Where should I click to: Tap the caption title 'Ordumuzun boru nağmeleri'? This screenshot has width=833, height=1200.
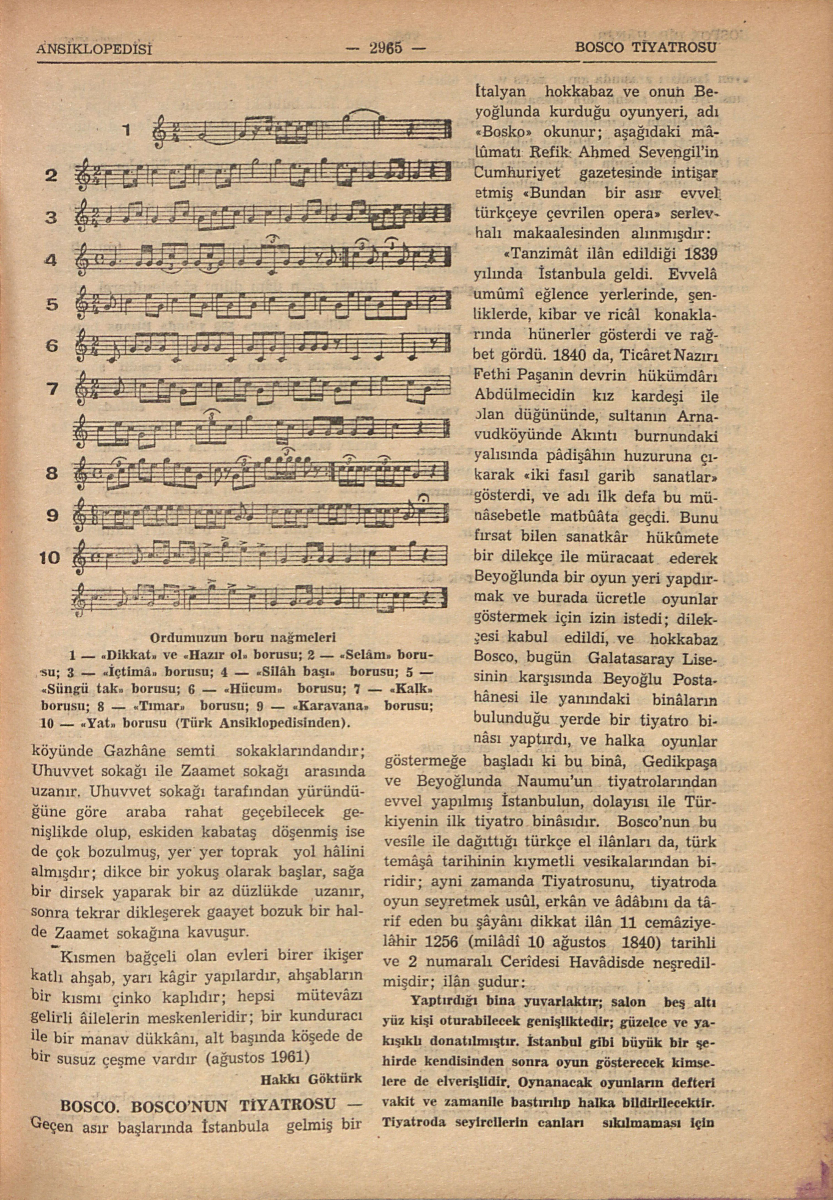pos(243,637)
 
